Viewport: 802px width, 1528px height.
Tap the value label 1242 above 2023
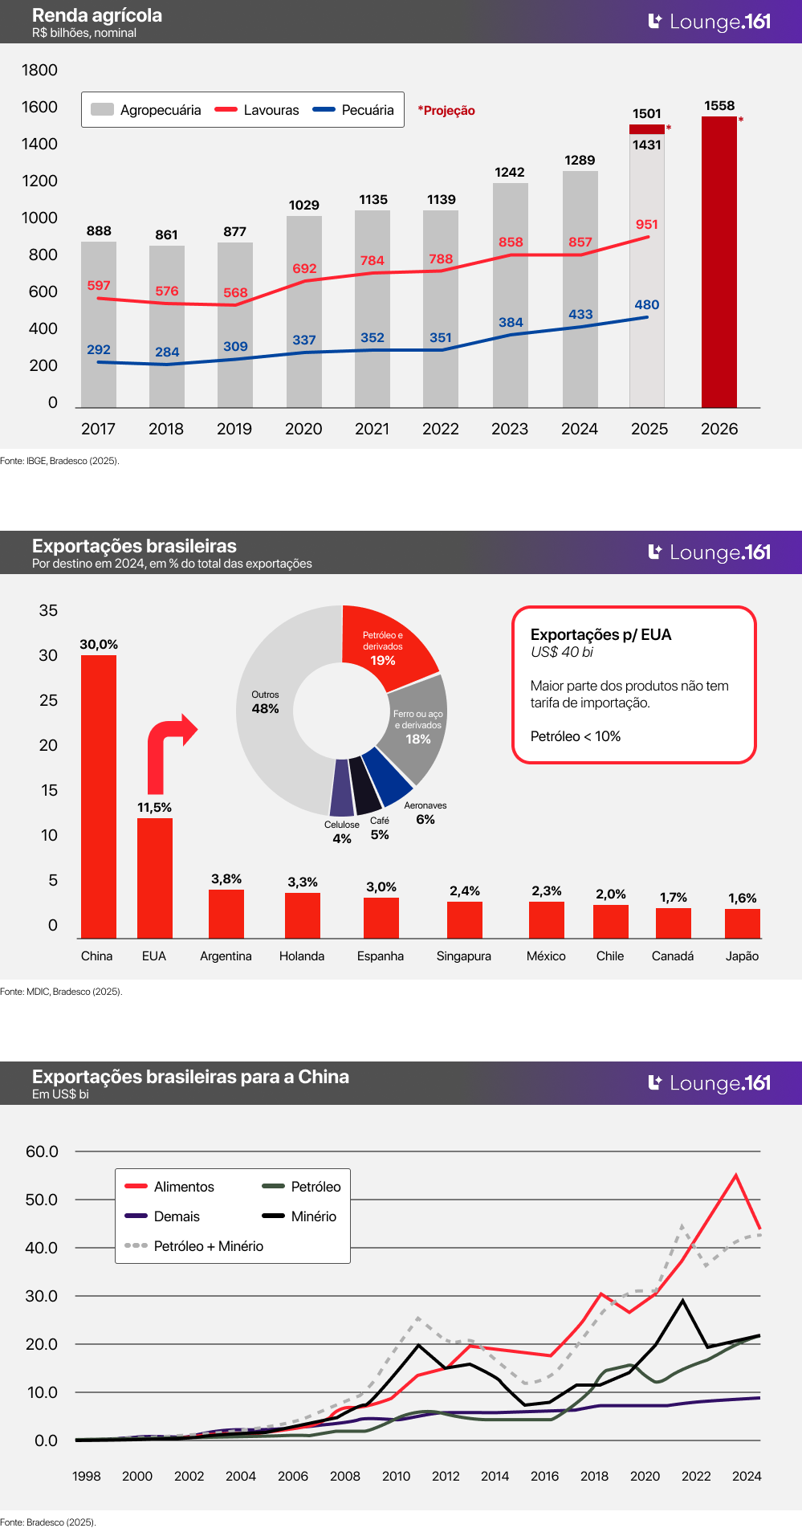[510, 173]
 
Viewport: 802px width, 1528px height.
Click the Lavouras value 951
[646, 225]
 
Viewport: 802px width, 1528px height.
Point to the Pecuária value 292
[99, 350]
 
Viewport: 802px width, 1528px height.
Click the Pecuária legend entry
[354, 110]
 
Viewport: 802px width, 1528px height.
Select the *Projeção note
[446, 111]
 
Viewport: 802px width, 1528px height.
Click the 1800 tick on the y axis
[39, 71]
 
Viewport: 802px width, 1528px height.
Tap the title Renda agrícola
[97, 15]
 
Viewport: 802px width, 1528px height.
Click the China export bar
[99, 796]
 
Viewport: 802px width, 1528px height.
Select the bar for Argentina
[226, 914]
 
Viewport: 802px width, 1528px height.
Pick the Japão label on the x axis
[742, 956]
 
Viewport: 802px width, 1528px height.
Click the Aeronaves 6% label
[425, 813]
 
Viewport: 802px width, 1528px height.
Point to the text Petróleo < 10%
[576, 736]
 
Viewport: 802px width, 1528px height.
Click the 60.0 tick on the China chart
[42, 1151]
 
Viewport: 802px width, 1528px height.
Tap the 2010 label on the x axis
[396, 1476]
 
